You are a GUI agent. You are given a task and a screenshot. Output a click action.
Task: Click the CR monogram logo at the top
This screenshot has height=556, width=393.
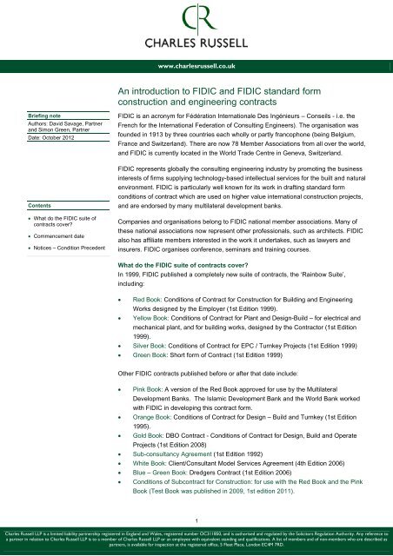(196, 18)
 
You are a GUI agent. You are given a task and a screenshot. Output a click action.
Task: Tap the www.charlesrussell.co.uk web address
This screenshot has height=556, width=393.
(196, 63)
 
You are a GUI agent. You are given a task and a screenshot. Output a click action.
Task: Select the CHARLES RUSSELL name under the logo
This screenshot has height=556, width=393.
(196, 41)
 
